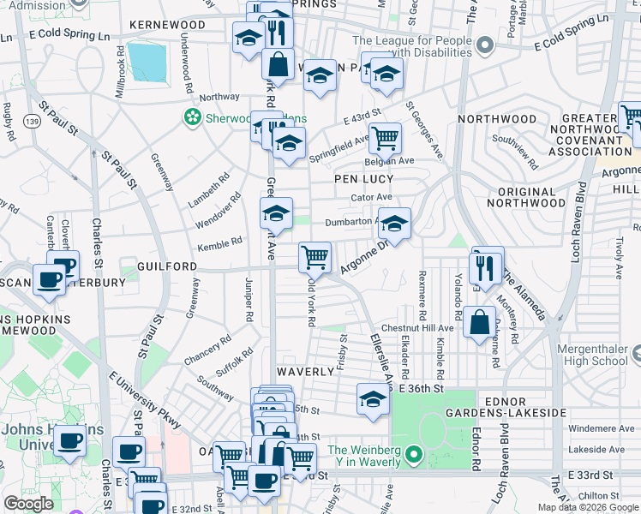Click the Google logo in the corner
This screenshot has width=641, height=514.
(28, 504)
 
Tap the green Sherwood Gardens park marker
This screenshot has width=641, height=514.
(193, 118)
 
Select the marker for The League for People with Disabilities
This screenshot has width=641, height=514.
(485, 45)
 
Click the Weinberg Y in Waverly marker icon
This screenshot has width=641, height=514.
(414, 454)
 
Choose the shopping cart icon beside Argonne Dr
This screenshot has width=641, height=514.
(315, 256)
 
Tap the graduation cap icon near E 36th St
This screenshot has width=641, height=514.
(373, 399)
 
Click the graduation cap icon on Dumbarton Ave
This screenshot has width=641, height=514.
(394, 224)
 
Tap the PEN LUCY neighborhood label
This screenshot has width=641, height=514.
(363, 179)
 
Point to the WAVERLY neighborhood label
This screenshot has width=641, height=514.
(305, 372)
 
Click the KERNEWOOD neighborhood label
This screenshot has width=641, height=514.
(167, 25)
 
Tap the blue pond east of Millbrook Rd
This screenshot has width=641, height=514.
(147, 61)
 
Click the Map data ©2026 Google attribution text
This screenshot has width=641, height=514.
(588, 507)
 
